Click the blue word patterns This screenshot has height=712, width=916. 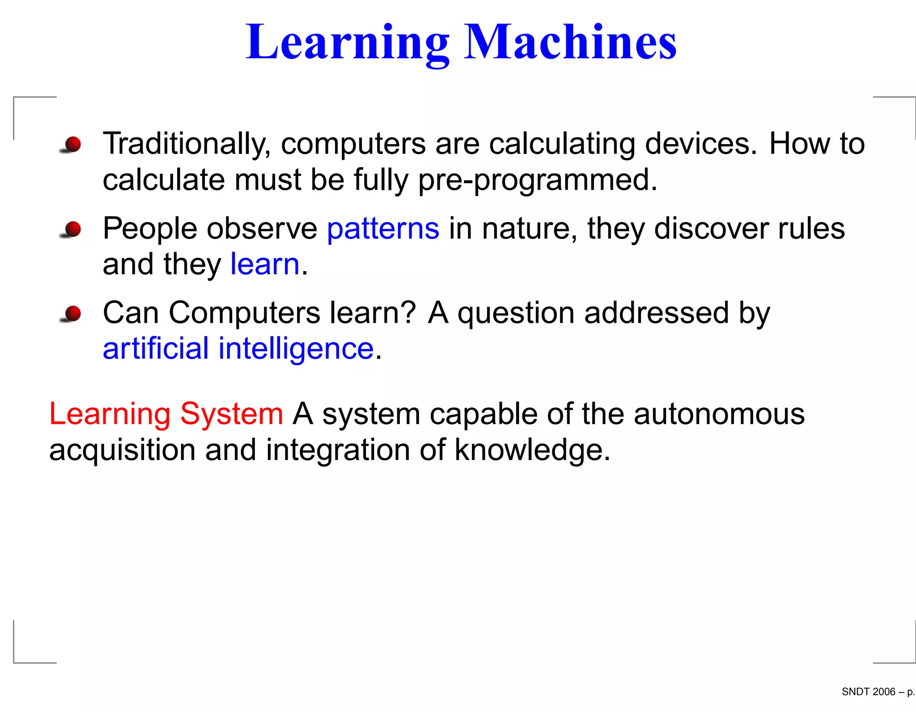coord(383,229)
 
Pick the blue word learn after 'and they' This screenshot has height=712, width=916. coord(265,264)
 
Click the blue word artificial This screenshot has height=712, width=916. coord(156,349)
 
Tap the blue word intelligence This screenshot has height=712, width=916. coord(296,349)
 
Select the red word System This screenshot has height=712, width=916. coord(232,414)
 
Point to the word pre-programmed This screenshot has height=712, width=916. coord(537,180)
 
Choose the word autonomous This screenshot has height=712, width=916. coord(719,414)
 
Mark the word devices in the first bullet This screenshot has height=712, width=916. coord(701,144)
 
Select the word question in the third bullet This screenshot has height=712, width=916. coord(516,314)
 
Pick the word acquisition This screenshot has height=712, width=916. coord(122,451)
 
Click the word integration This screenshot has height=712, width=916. coord(338,451)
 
